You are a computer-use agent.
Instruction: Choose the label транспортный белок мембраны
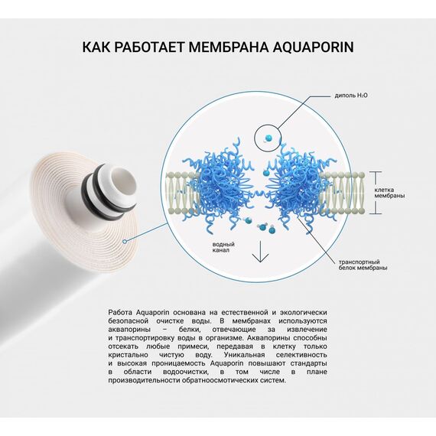tap(363, 264)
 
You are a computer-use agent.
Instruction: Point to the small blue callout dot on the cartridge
tap(123, 238)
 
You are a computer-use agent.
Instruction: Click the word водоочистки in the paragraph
tap(169, 372)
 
